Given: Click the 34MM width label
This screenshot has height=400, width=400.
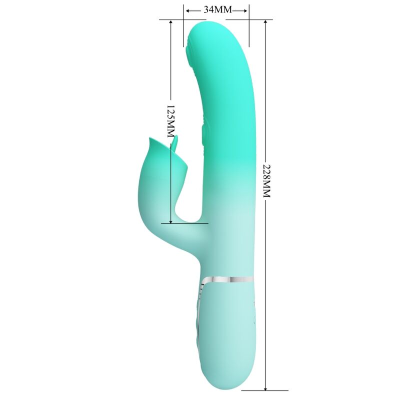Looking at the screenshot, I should pos(216,10).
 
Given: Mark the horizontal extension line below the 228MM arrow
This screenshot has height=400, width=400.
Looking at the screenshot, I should pos(265,390).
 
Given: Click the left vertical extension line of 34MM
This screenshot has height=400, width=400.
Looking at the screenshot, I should pos(183,30).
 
